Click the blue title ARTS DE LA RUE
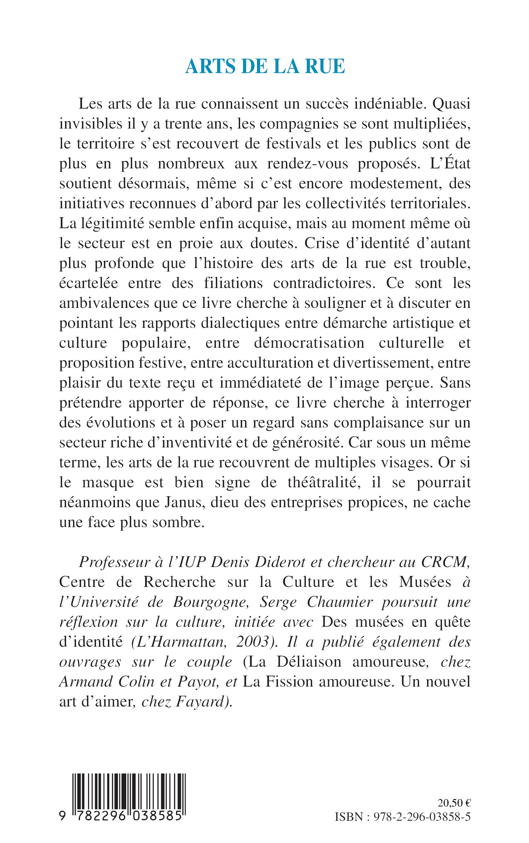(x=265, y=66)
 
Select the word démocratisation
(x=309, y=343)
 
